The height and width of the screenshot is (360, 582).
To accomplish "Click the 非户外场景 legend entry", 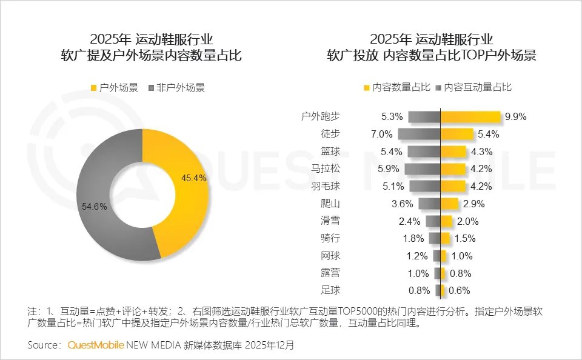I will coord(176,87).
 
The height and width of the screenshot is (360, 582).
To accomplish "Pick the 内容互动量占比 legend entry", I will coord(473,87).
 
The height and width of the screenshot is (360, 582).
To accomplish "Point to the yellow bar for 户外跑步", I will coord(470,117).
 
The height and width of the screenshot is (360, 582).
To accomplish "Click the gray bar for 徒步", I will coord(419,134).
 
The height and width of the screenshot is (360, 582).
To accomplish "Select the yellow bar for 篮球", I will coord(453,152).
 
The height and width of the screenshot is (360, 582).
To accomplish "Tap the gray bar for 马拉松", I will coord(422,169).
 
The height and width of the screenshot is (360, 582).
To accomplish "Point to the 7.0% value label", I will coord(383,134).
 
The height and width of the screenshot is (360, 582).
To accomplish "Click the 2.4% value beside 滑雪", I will coord(410,221).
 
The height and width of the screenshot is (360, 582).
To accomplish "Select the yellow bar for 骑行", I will coord(446,238).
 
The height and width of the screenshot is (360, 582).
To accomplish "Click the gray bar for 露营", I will coord(436,273).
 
